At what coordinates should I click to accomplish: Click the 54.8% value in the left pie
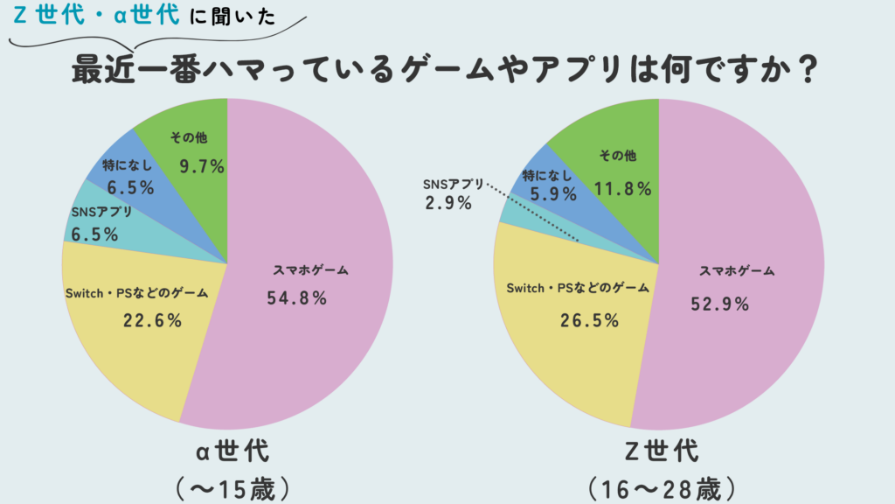296,298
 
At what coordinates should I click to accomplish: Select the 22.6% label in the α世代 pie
152,320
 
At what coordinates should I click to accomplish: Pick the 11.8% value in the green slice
623,187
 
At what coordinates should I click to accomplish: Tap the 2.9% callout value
450,203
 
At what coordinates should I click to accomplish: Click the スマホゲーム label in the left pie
311,271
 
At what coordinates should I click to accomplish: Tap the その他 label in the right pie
618,156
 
